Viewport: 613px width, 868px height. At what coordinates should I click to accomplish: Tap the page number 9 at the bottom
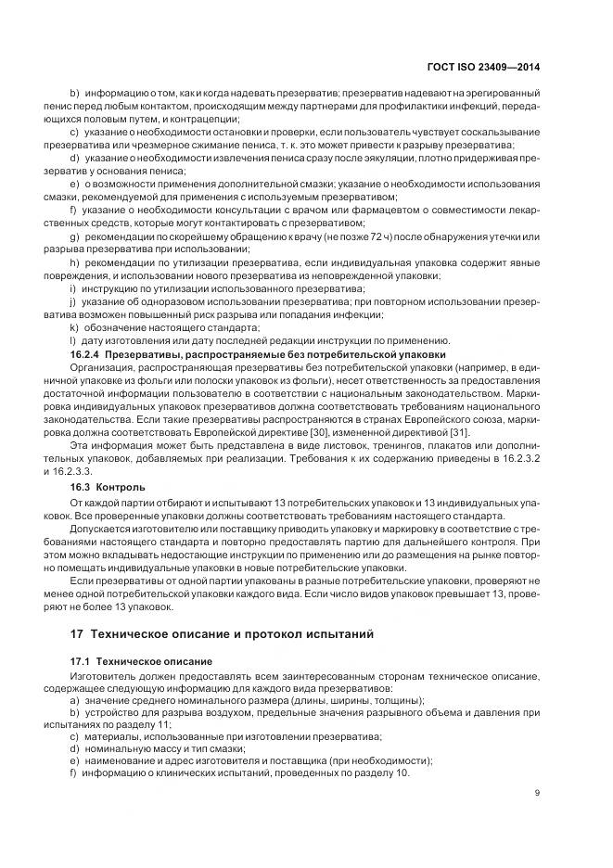click(x=537, y=792)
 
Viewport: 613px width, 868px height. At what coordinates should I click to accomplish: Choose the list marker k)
click(x=74, y=328)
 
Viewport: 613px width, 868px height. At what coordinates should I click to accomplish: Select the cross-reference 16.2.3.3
click(x=93, y=470)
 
